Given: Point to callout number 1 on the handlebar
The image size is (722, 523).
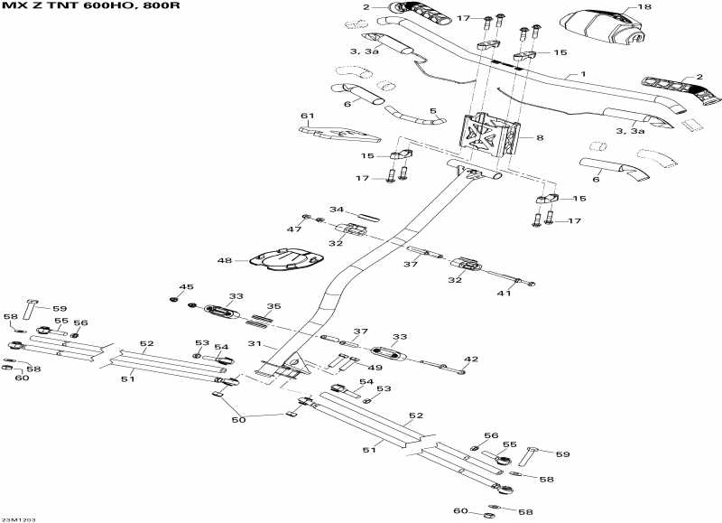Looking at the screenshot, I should point(583,74).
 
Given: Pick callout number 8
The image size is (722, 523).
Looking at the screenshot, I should point(540,138).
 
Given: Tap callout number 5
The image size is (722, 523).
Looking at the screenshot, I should point(432,111).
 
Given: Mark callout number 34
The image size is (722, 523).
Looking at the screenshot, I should point(336,210).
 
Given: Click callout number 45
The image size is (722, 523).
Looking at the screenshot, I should point(186,287).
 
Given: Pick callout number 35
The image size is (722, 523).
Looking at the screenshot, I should point(273,306).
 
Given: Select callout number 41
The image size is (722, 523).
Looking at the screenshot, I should point(504,293).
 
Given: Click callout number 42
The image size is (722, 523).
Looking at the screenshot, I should point(469,359).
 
